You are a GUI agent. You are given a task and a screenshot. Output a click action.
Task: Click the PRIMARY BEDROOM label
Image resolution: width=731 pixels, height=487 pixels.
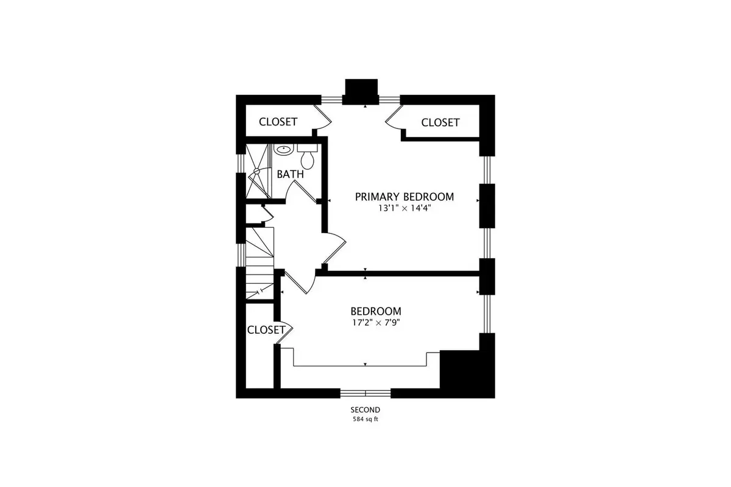click(x=404, y=197)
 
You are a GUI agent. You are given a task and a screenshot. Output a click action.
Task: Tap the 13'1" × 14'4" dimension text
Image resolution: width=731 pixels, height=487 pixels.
click(x=404, y=208)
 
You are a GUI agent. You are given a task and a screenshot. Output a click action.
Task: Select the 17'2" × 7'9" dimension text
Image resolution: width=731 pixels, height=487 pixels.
click(x=376, y=323)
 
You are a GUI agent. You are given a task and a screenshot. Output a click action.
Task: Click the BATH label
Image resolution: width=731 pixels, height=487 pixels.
click(x=290, y=174)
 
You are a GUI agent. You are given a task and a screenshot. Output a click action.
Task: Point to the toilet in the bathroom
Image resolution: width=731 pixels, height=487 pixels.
click(x=308, y=157)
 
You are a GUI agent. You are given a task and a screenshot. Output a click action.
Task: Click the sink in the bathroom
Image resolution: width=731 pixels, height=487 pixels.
click(x=284, y=150)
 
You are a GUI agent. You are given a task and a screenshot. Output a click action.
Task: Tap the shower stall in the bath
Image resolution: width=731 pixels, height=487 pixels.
click(x=258, y=171)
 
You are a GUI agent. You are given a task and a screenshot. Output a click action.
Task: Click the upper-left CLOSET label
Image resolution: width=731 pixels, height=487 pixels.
click(x=278, y=122)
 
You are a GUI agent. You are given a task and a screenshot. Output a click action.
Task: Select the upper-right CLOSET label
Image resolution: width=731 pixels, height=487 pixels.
click(x=440, y=122)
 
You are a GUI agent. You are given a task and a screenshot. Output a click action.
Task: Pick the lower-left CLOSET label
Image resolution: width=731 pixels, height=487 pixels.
click(x=266, y=330)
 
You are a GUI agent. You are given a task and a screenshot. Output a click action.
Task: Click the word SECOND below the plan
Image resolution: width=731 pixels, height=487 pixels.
click(x=365, y=410)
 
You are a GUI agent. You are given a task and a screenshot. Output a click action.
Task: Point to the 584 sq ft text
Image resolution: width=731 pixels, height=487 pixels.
click(x=365, y=419)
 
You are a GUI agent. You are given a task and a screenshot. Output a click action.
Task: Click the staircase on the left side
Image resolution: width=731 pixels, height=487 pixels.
click(x=260, y=263)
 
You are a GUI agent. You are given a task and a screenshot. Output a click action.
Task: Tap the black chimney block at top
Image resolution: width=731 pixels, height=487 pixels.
click(x=361, y=91)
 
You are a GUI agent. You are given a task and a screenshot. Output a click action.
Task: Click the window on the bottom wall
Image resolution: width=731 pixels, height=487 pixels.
click(x=365, y=393)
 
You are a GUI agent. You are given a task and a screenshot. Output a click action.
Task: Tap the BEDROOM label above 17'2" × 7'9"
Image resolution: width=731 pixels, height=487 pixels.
click(x=376, y=311)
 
